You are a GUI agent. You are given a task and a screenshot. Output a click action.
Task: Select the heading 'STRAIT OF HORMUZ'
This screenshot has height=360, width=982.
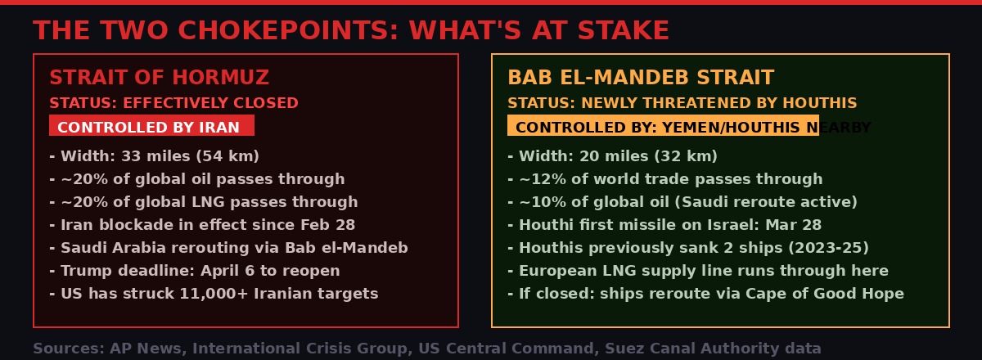[x=159, y=78]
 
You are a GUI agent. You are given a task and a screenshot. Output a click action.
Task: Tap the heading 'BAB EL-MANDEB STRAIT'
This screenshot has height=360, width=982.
[x=641, y=78]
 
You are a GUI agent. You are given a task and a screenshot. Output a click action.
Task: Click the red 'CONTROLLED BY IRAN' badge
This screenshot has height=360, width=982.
[x=151, y=127]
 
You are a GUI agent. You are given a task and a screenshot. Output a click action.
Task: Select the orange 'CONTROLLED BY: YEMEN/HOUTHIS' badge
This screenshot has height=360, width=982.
[x=663, y=127]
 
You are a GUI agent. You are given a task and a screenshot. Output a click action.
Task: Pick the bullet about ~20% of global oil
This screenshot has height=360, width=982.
[x=196, y=179]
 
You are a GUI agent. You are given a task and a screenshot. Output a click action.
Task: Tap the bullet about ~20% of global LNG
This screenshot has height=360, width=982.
[x=203, y=202]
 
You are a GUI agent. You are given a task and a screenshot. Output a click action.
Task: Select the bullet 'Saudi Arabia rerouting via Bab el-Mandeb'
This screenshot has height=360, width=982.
[x=228, y=248]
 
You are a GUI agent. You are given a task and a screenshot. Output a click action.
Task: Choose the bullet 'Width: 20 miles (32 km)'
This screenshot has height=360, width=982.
[x=612, y=156]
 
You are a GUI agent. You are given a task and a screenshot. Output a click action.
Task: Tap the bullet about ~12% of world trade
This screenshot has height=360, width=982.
[x=664, y=179]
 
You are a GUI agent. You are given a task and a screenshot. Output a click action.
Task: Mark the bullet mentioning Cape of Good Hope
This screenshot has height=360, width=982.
[x=705, y=294]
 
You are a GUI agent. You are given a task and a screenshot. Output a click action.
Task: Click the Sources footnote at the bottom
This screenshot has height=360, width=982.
[x=426, y=349]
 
